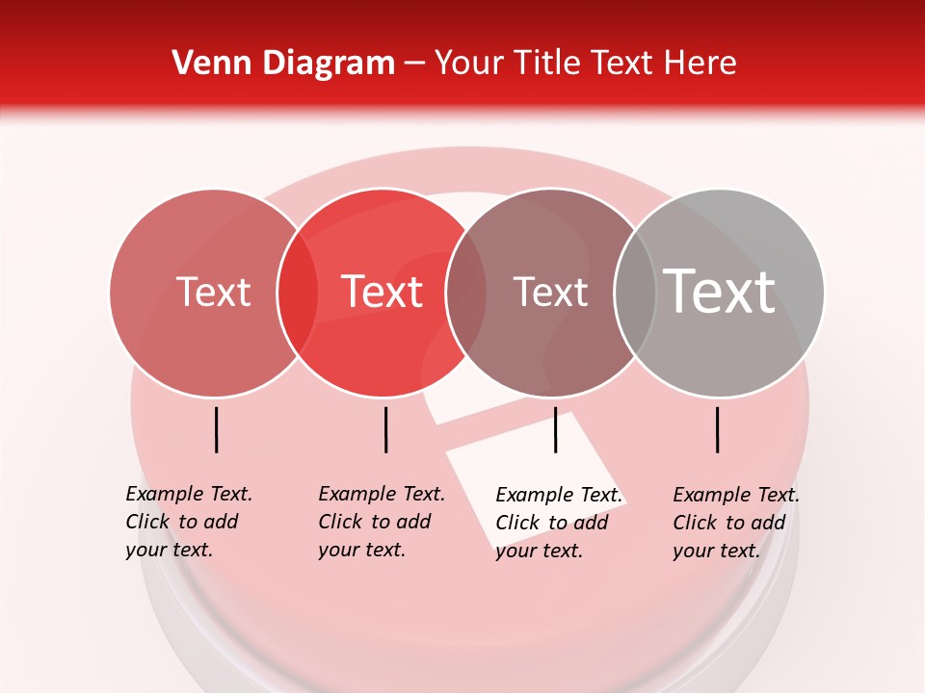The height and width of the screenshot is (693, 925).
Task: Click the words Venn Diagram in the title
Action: (x=283, y=64)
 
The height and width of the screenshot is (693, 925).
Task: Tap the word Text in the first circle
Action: (x=213, y=292)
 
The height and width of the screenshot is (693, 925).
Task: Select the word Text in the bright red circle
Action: (x=382, y=292)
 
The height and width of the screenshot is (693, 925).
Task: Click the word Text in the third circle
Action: (x=550, y=292)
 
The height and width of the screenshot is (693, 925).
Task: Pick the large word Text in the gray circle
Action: (x=720, y=292)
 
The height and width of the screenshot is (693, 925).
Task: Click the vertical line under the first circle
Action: (x=217, y=429)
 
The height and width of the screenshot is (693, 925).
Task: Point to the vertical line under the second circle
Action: (x=385, y=429)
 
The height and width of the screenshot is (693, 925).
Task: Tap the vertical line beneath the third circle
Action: (x=555, y=429)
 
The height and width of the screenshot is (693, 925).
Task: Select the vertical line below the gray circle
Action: (x=718, y=429)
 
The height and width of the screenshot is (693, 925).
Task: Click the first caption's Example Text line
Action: (x=189, y=494)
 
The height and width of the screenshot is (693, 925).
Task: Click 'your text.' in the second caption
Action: (x=361, y=550)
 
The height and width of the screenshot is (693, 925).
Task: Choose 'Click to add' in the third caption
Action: (x=552, y=523)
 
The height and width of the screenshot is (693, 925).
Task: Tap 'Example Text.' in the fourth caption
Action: (x=736, y=495)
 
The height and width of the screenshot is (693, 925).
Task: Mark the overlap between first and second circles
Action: (x=298, y=293)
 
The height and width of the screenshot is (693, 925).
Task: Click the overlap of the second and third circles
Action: (x=466, y=293)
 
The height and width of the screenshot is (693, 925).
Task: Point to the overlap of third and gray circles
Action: (x=635, y=293)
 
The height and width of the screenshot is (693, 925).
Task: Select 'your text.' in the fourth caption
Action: (x=716, y=551)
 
